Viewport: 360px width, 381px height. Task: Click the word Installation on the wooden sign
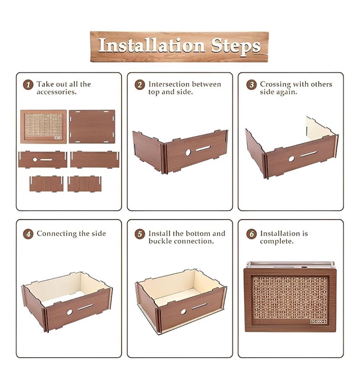pos(151,45)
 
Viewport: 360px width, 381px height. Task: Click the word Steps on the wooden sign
pos(236,47)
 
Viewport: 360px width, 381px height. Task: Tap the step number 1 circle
pos(28,85)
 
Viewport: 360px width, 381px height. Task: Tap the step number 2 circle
pos(140,85)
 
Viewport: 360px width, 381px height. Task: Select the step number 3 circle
pos(251,85)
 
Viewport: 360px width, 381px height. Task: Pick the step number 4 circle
pos(28,234)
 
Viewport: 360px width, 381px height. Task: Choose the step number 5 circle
pos(140,234)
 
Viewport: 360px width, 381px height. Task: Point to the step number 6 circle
pos(251,234)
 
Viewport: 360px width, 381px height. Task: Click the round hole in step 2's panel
pos(188,152)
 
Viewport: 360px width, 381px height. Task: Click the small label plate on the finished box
pos(319,321)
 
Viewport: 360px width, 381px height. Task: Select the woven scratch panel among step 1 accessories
pos(43,127)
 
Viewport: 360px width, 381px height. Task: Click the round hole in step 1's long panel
pos(35,160)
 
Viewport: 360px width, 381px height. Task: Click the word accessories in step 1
pos(57,92)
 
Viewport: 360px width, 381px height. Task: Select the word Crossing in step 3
pos(275,85)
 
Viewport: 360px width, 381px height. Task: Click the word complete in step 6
pos(277,242)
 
